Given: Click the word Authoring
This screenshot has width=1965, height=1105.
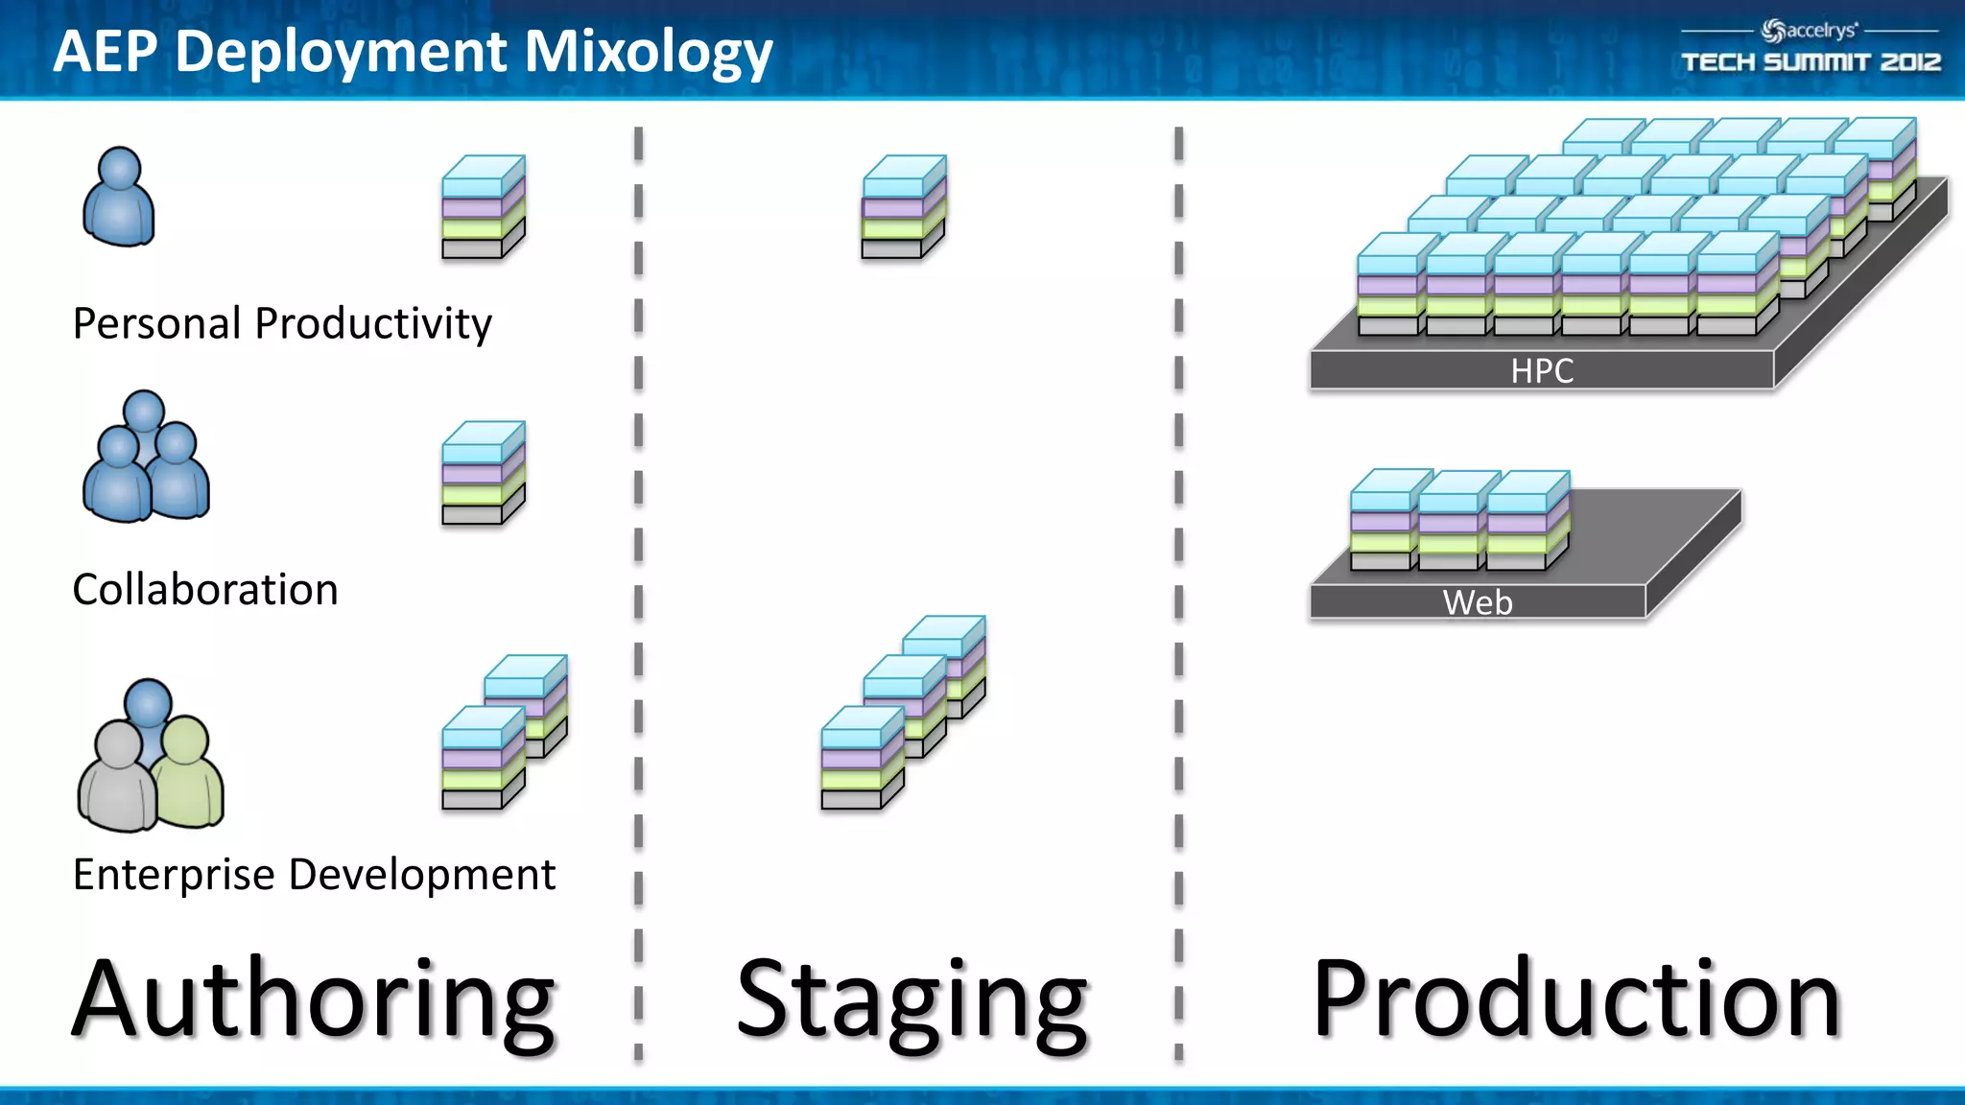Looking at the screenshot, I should [314, 999].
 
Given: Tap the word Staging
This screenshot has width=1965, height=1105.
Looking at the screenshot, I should [911, 999].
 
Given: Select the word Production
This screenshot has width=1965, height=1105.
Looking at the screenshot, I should [1575, 999].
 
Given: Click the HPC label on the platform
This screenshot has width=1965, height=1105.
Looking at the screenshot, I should [1542, 371].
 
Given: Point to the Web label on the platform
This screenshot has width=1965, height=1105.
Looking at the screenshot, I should [1478, 602].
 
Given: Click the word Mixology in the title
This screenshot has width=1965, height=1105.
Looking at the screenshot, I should [648, 52].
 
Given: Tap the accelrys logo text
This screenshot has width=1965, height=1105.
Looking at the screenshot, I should [1819, 31].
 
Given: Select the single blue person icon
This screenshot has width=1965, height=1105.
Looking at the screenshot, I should [119, 198].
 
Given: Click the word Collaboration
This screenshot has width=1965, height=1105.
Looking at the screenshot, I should [205, 589].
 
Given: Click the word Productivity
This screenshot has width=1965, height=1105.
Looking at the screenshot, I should [373, 323].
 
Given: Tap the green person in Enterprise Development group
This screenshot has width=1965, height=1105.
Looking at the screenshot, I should [188, 773].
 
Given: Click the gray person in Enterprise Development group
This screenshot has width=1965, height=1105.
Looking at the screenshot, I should [117, 779].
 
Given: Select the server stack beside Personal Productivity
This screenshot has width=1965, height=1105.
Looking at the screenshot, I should [483, 207].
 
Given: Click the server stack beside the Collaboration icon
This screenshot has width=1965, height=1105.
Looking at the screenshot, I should [483, 473].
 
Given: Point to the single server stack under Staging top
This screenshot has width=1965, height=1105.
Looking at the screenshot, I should [903, 207].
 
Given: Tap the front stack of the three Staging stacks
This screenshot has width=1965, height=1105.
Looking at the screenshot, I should [862, 759].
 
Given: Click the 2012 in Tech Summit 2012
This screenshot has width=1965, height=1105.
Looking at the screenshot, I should [1910, 62].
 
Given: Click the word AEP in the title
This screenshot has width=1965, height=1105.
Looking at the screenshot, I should [105, 52].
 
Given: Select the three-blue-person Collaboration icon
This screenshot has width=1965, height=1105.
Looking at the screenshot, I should [146, 458].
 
